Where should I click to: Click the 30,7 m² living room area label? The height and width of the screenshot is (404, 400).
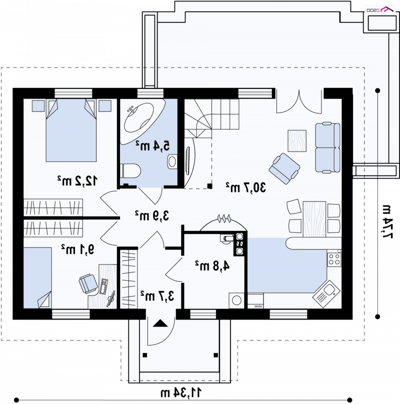coord(245,187)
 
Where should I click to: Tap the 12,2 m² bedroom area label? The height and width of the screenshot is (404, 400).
coord(77,181)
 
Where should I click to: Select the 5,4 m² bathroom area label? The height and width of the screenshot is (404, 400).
coord(153,146)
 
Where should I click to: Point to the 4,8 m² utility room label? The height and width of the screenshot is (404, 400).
coord(212,266)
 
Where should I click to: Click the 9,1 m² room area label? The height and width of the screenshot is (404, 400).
coord(77,249)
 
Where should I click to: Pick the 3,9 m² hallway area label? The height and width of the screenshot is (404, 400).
coord(152,215)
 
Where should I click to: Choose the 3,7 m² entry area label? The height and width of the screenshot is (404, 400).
coord(157,296)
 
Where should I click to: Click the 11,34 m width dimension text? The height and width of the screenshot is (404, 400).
coord(181,392)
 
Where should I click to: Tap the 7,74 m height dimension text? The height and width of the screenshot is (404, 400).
coord(387,221)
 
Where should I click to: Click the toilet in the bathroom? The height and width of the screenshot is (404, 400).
coord(130,170)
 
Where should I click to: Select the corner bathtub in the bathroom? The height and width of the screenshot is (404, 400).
coord(142,120)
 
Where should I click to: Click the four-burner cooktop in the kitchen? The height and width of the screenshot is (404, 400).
coord(334,259)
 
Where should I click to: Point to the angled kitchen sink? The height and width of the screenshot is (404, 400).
coord(326,293)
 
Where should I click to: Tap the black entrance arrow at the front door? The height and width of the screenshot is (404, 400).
coord(160,323)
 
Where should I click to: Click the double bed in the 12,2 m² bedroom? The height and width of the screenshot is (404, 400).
coord(71,130)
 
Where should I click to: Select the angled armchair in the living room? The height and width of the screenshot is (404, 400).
coord(284,168)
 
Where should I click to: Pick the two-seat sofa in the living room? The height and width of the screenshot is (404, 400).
coord(327,147)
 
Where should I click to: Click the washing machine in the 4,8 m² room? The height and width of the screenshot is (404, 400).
coord(236,300)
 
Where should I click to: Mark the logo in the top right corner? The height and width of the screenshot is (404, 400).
coord(380,9)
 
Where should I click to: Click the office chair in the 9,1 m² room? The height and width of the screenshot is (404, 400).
coord(88,283)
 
